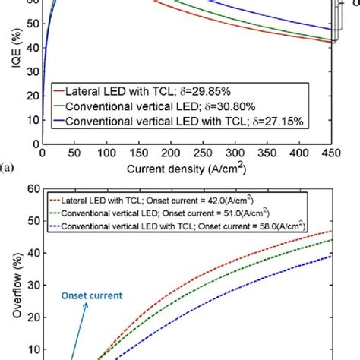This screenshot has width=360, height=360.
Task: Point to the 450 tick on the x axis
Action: [331, 153]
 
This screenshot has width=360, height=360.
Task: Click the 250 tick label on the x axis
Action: [203, 153]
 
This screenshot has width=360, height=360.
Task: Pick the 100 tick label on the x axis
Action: [106, 153]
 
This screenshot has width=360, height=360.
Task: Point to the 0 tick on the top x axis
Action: [43, 153]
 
